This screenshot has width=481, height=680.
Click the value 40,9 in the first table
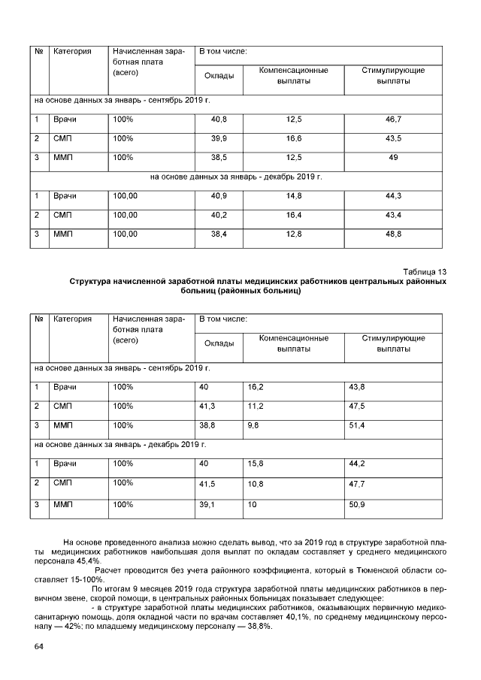(x=219, y=196)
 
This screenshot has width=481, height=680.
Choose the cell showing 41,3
(x=207, y=406)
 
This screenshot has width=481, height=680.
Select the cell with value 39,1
(x=207, y=505)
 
